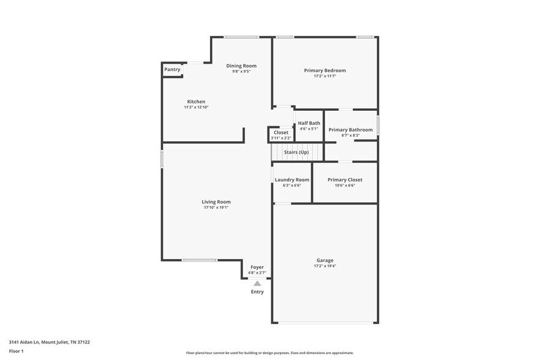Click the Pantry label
(172, 69)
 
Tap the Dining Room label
(241, 66)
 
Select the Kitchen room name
(196, 102)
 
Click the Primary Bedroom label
(324, 70)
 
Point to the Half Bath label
(309, 123)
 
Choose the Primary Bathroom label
(350, 130)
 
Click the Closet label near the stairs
(281, 132)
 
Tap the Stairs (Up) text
(296, 152)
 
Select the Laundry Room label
(292, 180)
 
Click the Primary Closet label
(345, 180)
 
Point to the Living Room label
(216, 202)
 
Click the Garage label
(324, 260)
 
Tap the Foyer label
(257, 267)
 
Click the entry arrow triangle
(257, 283)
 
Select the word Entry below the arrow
(257, 291)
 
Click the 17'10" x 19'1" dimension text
(216, 208)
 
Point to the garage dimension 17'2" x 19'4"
(324, 266)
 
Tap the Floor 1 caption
(17, 351)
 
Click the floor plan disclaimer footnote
(269, 353)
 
